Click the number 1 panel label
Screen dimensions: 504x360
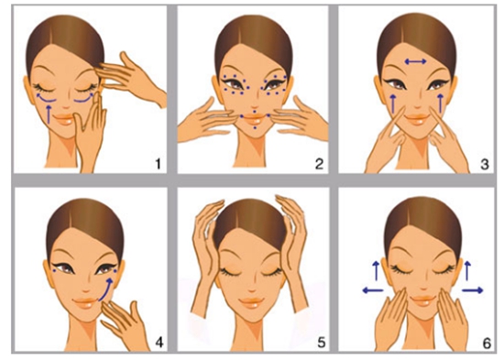(x=158, y=164)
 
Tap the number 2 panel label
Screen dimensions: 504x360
(x=319, y=164)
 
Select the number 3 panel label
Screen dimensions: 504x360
(x=485, y=164)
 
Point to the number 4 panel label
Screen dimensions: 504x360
(x=159, y=343)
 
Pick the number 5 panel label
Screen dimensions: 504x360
(x=322, y=343)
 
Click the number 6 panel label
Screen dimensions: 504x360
(x=487, y=344)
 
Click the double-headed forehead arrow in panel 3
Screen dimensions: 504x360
(x=416, y=61)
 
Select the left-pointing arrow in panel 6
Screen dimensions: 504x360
(x=373, y=290)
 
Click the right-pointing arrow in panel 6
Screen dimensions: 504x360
(x=473, y=290)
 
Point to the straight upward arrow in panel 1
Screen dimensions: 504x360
(x=49, y=115)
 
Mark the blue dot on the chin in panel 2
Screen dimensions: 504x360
(x=255, y=128)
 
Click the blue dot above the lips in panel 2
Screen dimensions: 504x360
(x=254, y=112)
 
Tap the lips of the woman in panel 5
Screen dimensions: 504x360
(x=252, y=303)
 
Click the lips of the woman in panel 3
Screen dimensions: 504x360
(x=418, y=119)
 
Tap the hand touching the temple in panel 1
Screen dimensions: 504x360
(x=130, y=77)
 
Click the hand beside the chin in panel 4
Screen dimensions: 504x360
(x=124, y=322)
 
